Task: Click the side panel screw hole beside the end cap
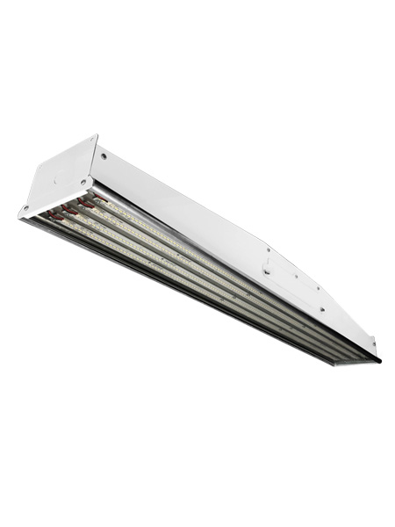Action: [104, 155]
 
